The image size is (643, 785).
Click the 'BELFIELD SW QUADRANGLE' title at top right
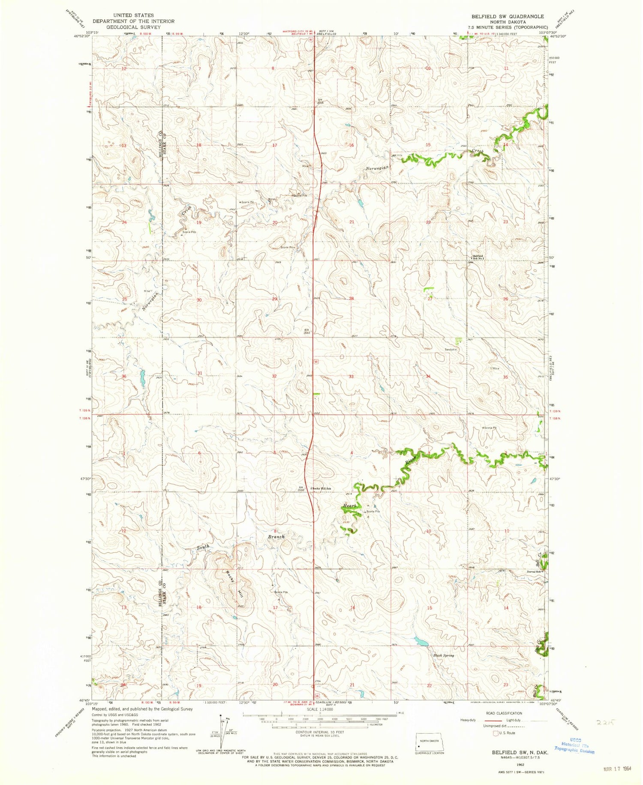click(508, 16)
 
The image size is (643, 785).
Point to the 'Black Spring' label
click(443, 656)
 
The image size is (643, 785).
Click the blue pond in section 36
click(142, 377)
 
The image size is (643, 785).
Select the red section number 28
click(351, 299)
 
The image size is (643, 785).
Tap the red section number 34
click(428, 376)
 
